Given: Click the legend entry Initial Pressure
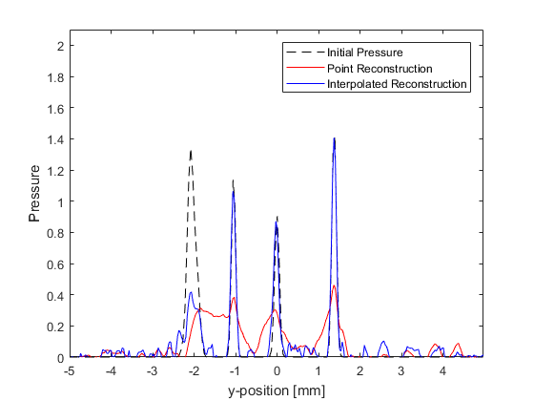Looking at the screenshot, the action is tap(364, 53).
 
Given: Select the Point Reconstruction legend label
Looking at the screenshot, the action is tap(380, 69).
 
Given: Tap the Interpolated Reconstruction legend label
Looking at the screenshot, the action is tap(397, 84).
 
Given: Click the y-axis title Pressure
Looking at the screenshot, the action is tap(34, 194).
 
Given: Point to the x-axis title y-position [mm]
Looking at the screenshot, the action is tap(277, 390).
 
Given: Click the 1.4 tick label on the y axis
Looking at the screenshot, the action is tap(55, 139).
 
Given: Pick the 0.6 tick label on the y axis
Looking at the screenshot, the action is tap(55, 264).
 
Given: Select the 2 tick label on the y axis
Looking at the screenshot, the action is tap(61, 46).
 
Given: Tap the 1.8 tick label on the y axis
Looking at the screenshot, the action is tap(55, 77).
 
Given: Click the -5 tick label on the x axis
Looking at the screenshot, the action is tap(70, 370).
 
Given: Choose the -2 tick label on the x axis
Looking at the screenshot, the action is tap(194, 370).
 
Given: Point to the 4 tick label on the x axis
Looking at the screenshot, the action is tap(442, 370).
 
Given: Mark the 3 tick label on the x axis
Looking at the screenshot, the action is tap(401, 370).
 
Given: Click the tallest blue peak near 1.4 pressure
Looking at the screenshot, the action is tap(334, 138).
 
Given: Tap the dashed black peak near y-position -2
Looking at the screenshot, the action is tap(191, 151).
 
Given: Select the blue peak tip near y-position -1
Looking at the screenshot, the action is tap(234, 191).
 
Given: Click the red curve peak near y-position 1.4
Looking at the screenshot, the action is tap(334, 285).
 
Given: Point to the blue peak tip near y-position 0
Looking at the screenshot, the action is tap(276, 222).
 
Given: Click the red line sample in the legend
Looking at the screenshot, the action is tap(305, 68).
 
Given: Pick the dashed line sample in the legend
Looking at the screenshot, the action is tap(305, 53).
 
